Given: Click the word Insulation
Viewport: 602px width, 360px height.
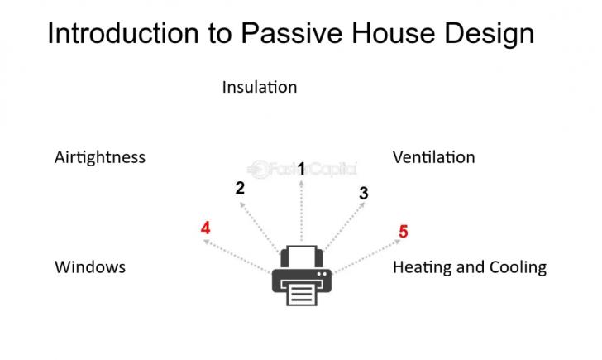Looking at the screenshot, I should click(x=259, y=87).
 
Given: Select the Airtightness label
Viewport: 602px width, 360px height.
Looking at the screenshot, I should click(x=99, y=157).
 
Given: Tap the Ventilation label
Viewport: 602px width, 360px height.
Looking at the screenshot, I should click(x=433, y=157).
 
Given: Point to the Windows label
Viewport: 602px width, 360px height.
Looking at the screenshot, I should click(x=90, y=267).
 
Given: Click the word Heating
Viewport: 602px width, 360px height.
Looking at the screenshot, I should click(x=420, y=268).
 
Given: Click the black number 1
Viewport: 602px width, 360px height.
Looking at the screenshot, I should click(x=302, y=169).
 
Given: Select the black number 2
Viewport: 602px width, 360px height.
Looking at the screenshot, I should click(x=240, y=188).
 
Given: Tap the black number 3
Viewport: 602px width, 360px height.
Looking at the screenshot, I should click(x=364, y=194).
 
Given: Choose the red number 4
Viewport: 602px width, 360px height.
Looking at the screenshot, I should click(x=205, y=228).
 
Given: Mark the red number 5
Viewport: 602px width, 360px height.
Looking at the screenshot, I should click(x=404, y=232).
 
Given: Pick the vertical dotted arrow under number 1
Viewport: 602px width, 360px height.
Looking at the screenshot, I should click(x=302, y=211).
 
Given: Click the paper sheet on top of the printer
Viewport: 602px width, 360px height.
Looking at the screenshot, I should click(x=301, y=254).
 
